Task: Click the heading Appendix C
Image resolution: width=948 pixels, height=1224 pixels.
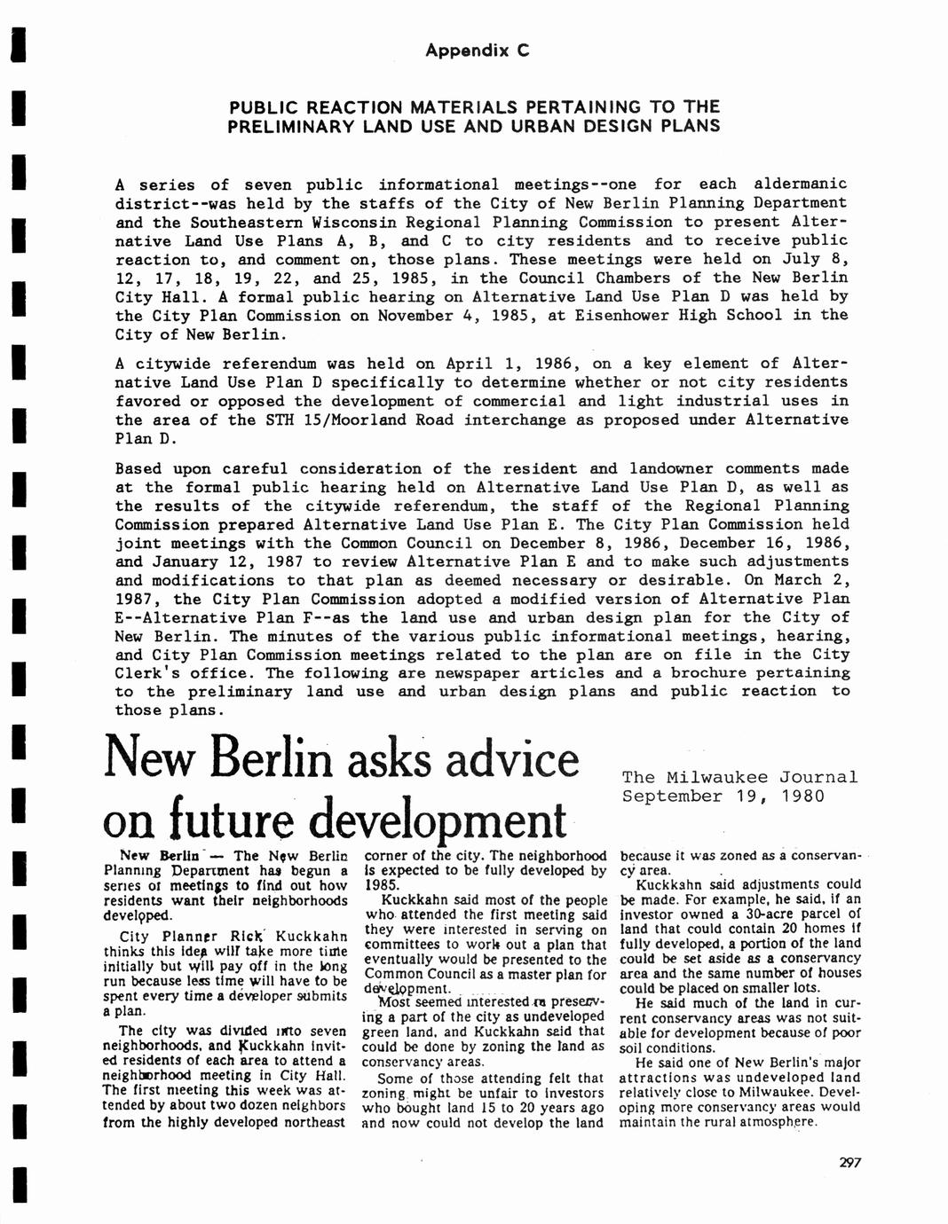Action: pyautogui.click(x=477, y=51)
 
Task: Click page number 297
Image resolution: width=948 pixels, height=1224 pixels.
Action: pyautogui.click(x=849, y=1164)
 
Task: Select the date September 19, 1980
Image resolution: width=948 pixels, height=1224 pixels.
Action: pyautogui.click(x=723, y=796)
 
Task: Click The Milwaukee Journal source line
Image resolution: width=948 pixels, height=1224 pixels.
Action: pyautogui.click(x=740, y=777)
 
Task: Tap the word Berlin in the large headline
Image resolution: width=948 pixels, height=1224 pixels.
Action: pyautogui.click(x=279, y=760)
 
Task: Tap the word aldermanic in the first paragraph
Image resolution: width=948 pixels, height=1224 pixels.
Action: pyautogui.click(x=800, y=184)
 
